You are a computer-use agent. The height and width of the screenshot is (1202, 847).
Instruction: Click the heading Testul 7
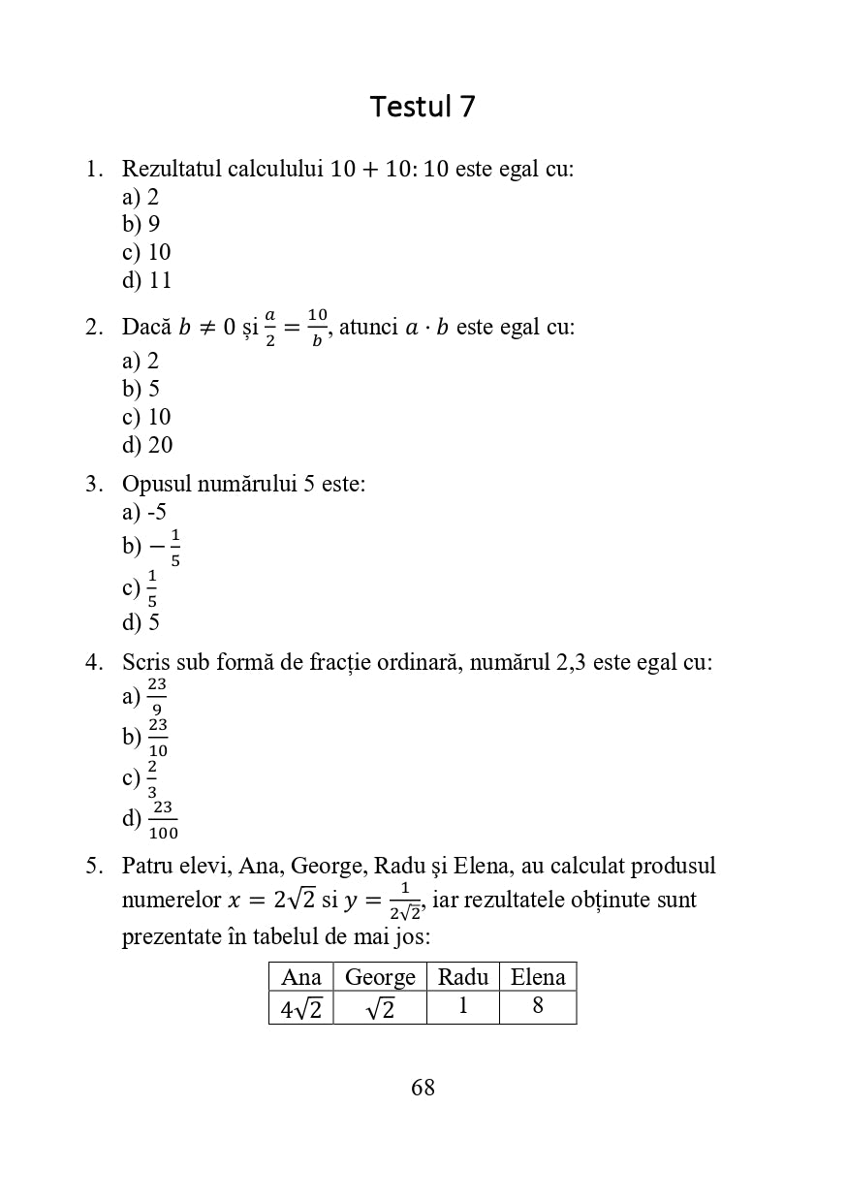click(423, 107)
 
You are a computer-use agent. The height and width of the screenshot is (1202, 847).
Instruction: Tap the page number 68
click(423, 1088)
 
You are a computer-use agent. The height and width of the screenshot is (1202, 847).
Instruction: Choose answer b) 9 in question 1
click(141, 224)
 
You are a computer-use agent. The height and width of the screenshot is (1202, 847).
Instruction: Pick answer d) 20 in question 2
click(147, 445)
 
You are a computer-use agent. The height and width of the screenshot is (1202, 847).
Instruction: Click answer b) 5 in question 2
click(141, 389)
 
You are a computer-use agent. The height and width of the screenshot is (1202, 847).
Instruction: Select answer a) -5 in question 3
click(144, 512)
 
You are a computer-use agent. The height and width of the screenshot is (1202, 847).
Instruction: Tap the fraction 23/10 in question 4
click(158, 738)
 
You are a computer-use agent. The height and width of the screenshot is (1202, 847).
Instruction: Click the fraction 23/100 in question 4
click(163, 820)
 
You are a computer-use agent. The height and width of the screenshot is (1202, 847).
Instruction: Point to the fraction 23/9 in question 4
click(157, 697)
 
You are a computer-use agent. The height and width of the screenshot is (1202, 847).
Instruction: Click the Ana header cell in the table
click(300, 977)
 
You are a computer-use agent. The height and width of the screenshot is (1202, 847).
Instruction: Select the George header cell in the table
click(380, 977)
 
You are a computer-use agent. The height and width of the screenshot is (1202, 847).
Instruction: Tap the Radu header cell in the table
click(462, 977)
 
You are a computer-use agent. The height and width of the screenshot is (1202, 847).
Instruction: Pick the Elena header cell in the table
click(538, 977)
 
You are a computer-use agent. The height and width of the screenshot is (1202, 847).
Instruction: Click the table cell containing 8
click(538, 1007)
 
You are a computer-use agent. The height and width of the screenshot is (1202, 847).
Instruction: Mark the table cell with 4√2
click(300, 1008)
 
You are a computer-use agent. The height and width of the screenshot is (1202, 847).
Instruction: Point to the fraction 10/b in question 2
click(317, 328)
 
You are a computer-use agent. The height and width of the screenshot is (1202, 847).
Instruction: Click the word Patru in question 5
click(148, 866)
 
